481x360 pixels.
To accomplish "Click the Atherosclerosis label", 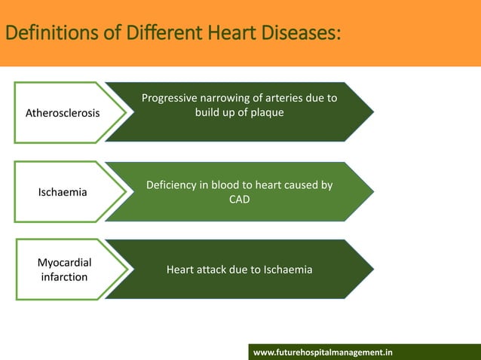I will (x=63, y=114).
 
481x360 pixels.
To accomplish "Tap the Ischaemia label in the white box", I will (x=63, y=192).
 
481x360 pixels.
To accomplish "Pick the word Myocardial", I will (x=64, y=262).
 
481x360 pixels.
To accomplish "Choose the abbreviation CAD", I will (x=239, y=200).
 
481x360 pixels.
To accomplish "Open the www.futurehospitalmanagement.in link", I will (x=323, y=352).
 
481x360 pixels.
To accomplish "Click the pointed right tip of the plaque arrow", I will (x=372, y=112).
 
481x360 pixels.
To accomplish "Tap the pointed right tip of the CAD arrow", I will (x=372, y=191).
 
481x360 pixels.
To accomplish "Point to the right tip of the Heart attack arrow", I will (x=372, y=269).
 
